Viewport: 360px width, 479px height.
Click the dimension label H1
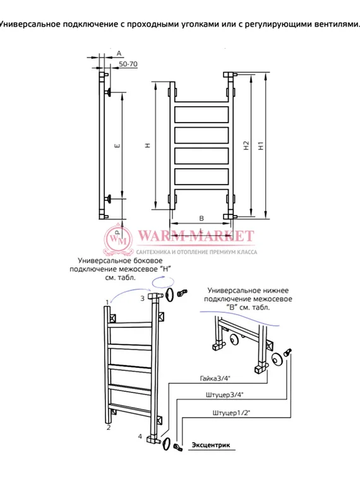click(261, 145)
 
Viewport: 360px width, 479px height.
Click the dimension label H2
click(246, 145)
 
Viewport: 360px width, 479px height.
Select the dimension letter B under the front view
click(201, 219)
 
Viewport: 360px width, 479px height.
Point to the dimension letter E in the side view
click(118, 146)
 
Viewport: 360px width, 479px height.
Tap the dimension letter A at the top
click(119, 53)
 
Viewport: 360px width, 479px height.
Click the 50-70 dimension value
click(128, 64)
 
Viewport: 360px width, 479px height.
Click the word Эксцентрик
click(211, 445)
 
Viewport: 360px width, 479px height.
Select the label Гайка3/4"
click(215, 379)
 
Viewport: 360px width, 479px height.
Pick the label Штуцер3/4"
click(224, 395)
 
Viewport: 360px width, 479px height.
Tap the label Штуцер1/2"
click(231, 413)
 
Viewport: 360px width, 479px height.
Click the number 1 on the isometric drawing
click(107, 303)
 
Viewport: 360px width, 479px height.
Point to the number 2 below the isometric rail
click(109, 428)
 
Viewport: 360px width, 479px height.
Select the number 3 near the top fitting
click(142, 298)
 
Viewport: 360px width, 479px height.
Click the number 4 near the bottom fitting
click(140, 437)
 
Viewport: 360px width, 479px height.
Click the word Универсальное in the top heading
click(30, 24)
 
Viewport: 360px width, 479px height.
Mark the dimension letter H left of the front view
click(148, 146)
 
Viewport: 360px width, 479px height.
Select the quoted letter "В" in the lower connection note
click(232, 307)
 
